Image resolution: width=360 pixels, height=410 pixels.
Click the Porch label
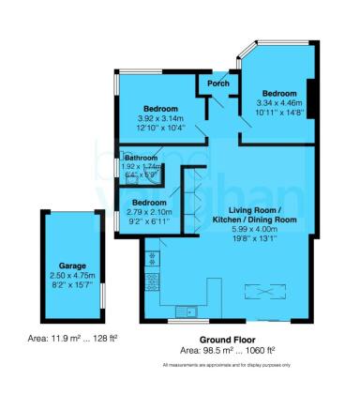[218, 84]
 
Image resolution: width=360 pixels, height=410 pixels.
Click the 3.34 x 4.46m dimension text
[278, 103]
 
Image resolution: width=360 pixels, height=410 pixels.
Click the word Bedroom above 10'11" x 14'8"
[278, 94]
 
